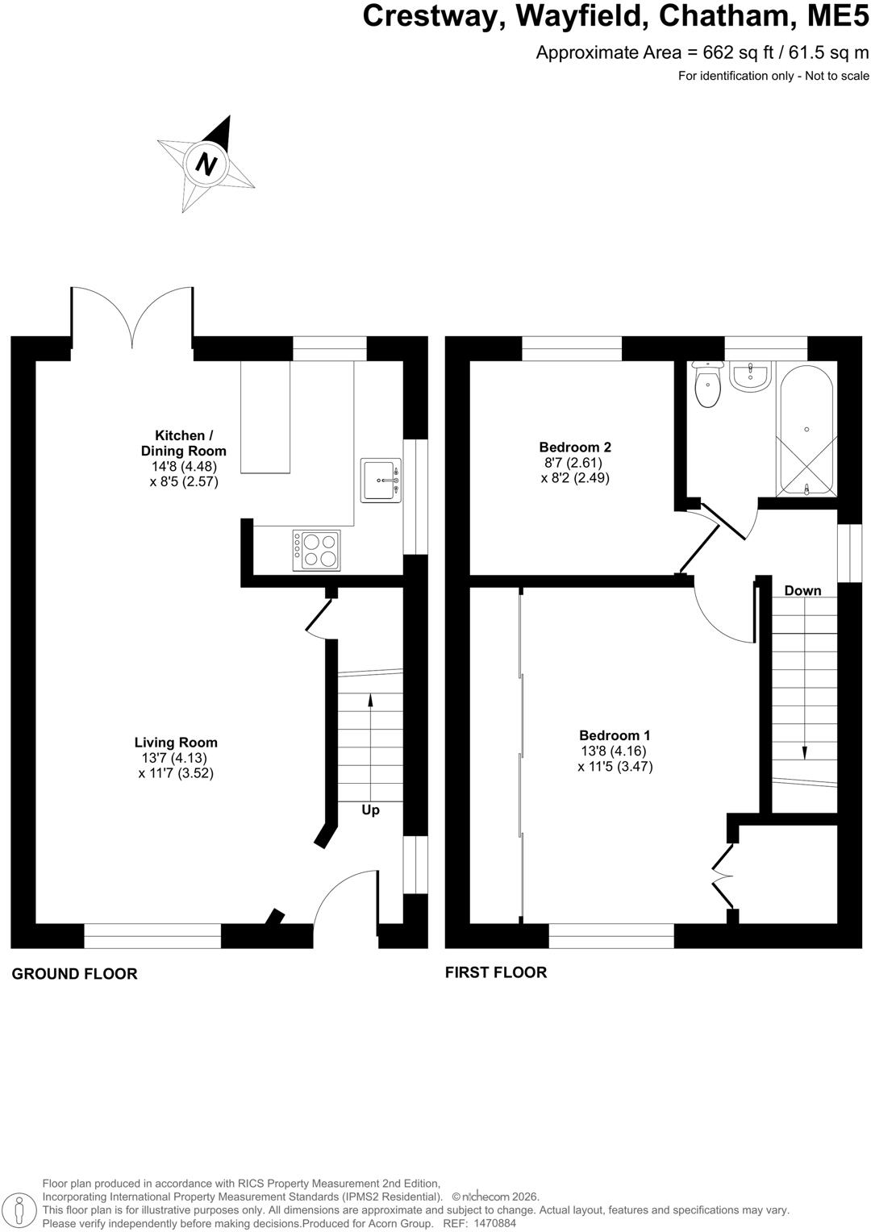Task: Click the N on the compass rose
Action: [207, 164]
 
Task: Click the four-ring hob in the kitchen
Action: [316, 550]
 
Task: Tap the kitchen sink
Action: [381, 480]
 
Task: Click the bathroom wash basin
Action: [751, 377]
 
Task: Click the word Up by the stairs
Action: [370, 810]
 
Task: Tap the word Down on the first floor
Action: [802, 591]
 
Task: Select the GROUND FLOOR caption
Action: [74, 974]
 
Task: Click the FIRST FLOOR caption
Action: [496, 972]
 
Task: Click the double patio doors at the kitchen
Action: [132, 318]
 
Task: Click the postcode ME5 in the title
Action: [838, 16]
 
